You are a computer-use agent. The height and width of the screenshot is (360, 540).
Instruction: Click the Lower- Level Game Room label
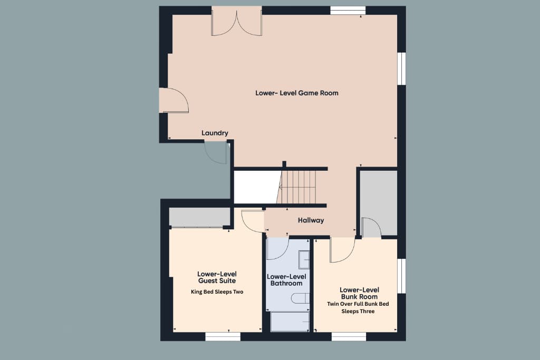pyautogui.click(x=296, y=93)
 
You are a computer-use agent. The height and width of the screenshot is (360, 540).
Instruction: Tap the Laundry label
pyautogui.click(x=215, y=133)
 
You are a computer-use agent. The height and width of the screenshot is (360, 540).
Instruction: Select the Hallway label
pyautogui.click(x=311, y=220)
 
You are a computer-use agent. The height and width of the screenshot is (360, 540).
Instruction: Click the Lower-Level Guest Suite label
pyautogui.click(x=217, y=277)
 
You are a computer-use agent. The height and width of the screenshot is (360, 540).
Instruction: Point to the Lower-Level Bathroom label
pyautogui.click(x=286, y=280)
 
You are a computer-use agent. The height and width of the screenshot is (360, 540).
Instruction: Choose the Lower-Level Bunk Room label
pyautogui.click(x=359, y=293)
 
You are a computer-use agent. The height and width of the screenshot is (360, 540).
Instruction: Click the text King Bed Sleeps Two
pyautogui.click(x=217, y=292)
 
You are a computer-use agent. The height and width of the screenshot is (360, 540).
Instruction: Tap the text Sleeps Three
pyautogui.click(x=358, y=312)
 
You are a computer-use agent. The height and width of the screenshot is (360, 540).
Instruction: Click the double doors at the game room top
pyautogui.click(x=237, y=22)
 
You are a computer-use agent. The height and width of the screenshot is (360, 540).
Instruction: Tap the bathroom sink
pyautogui.click(x=304, y=260)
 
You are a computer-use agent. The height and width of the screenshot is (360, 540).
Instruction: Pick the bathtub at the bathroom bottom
pyautogui.click(x=290, y=322)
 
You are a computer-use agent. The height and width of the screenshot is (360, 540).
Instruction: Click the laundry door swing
pyautogui.click(x=216, y=152)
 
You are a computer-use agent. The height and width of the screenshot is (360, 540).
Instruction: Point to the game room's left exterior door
pyautogui.click(x=174, y=100)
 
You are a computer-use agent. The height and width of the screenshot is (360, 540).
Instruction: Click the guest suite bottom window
pyautogui.click(x=223, y=336)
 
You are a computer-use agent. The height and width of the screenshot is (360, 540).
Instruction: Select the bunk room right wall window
pyautogui.click(x=401, y=276)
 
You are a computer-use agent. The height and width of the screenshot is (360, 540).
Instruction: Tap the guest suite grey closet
pyautogui.click(x=199, y=217)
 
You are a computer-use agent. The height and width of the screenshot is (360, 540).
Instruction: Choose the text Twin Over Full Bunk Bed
pyautogui.click(x=358, y=304)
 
